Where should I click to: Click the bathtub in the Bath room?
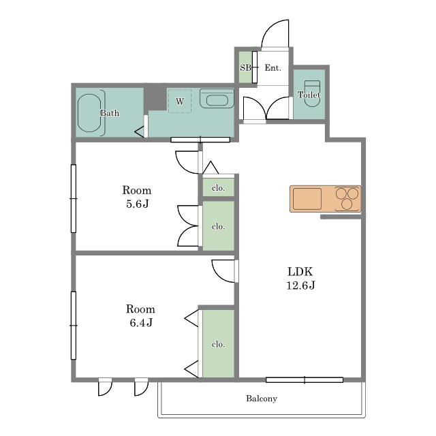pyautogui.click(x=89, y=113)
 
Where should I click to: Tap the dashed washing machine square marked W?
pyautogui.click(x=180, y=101)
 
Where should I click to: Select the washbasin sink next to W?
pyautogui.click(x=217, y=98)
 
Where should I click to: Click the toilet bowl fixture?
pyautogui.click(x=312, y=93)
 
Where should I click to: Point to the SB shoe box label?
pyautogui.click(x=245, y=67)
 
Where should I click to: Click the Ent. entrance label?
pyautogui.click(x=272, y=67)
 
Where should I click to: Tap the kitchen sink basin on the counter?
pyautogui.click(x=307, y=199)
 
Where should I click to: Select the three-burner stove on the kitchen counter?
pyautogui.click(x=347, y=198)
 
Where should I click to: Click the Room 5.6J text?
pyautogui.click(x=137, y=197)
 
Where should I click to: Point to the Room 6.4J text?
pyautogui.click(x=141, y=316)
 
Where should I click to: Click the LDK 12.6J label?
pyautogui.click(x=300, y=279)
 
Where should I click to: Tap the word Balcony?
pyautogui.click(x=262, y=399)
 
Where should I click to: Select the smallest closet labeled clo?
pyautogui.click(x=219, y=187)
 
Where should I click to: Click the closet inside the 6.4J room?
pyautogui.click(x=219, y=343)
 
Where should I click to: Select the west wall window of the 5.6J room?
pyautogui.click(x=74, y=198)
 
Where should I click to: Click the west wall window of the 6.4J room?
pyautogui.click(x=74, y=326)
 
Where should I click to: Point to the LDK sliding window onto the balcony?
pyautogui.click(x=305, y=380)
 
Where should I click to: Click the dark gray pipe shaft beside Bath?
pyautogui.click(x=155, y=97)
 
